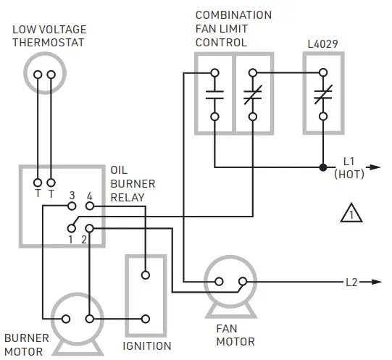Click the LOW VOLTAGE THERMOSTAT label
click(49, 35)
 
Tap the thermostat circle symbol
click(45, 75)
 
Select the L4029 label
click(323, 46)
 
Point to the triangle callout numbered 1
click(351, 214)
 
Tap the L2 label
click(351, 282)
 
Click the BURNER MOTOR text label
click(28, 345)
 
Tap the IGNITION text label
click(147, 346)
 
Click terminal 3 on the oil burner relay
click(72, 206)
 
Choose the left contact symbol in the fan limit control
click(214, 94)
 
